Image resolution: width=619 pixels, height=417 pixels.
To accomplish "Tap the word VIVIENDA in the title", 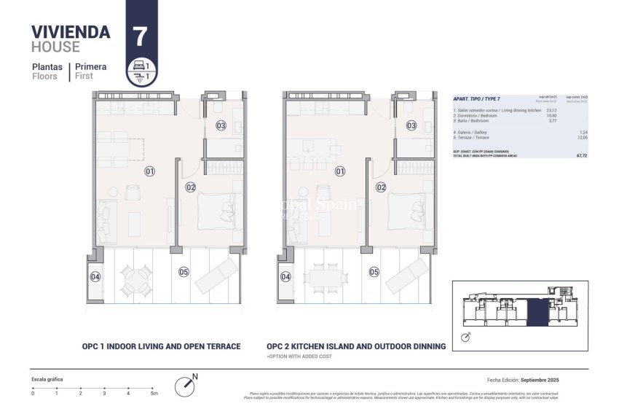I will (x=71, y=32).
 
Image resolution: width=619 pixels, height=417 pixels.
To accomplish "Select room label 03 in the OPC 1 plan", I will (x=221, y=125).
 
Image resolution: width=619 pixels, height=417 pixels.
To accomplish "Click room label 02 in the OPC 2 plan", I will (x=380, y=187).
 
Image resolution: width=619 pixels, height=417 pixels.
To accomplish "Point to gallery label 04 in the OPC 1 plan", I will (x=95, y=277).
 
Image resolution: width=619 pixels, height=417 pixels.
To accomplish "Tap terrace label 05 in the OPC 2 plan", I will (x=374, y=272).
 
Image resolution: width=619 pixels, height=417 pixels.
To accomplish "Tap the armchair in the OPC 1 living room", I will (x=133, y=192).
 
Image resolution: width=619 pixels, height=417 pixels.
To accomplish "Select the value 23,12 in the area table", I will (x=551, y=111).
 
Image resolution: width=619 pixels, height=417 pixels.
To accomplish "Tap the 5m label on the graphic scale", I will (x=153, y=394).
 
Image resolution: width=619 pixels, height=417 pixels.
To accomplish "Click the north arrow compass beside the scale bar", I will (x=186, y=386).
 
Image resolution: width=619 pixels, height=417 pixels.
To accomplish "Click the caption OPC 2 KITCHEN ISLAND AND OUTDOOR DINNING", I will (x=356, y=347).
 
